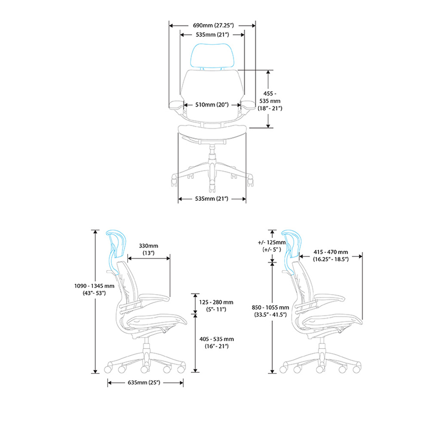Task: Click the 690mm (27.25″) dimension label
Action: point(213,25)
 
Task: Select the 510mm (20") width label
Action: point(212,105)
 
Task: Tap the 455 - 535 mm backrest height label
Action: point(270,101)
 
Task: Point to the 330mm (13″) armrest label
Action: point(148,249)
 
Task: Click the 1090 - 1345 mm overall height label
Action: point(94,289)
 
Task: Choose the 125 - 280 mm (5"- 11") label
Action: point(216,306)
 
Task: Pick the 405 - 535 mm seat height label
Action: point(217,343)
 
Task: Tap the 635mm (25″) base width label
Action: point(144,383)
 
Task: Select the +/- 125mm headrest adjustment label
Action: point(272,246)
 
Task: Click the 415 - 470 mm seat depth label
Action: point(331,255)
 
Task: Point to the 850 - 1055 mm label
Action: point(270,311)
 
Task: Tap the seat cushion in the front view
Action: point(212,131)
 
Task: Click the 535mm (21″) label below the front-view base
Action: point(212,199)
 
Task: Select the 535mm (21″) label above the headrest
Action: point(212,35)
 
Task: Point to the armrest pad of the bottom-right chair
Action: point(329,297)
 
